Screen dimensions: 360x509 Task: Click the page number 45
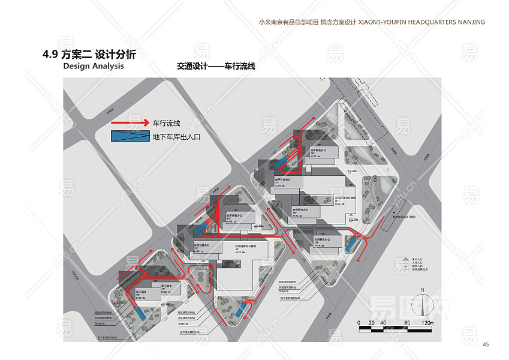(486, 344)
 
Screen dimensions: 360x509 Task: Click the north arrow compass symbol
(423, 305)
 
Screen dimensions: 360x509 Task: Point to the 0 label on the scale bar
(359, 323)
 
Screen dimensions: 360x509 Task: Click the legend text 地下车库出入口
(176, 137)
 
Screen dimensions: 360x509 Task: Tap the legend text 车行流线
(167, 122)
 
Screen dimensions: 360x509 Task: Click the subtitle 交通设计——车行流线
(216, 67)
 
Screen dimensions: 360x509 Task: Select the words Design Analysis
(94, 66)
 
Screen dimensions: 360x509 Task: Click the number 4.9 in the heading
(50, 55)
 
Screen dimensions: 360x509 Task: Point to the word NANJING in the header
(469, 22)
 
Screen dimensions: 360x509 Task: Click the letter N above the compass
(423, 290)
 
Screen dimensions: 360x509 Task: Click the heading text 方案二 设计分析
(98, 55)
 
